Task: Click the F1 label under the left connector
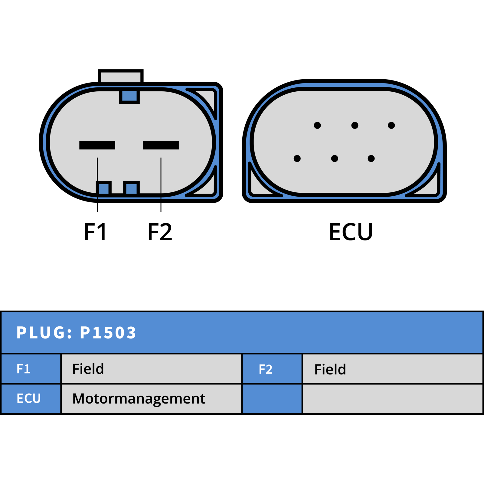point(95,231)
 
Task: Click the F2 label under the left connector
point(160,231)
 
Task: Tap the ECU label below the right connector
point(351,232)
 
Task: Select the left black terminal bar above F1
point(97,145)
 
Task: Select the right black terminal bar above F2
point(161,145)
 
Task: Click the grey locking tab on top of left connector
point(121,76)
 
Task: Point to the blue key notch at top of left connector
point(129,96)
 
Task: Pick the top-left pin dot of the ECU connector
point(317,125)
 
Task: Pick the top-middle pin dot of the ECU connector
point(355,125)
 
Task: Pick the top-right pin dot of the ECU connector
point(391,125)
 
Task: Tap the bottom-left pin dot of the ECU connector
point(297,159)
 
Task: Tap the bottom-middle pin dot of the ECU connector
point(335,159)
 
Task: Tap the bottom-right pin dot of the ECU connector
point(371,159)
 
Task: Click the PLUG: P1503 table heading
point(76,332)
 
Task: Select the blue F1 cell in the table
point(31,369)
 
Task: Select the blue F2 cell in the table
point(272,369)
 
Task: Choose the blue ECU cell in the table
point(31,399)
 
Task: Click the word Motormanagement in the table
point(139,399)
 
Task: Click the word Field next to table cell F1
point(88,369)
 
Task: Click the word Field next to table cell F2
point(330,369)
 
